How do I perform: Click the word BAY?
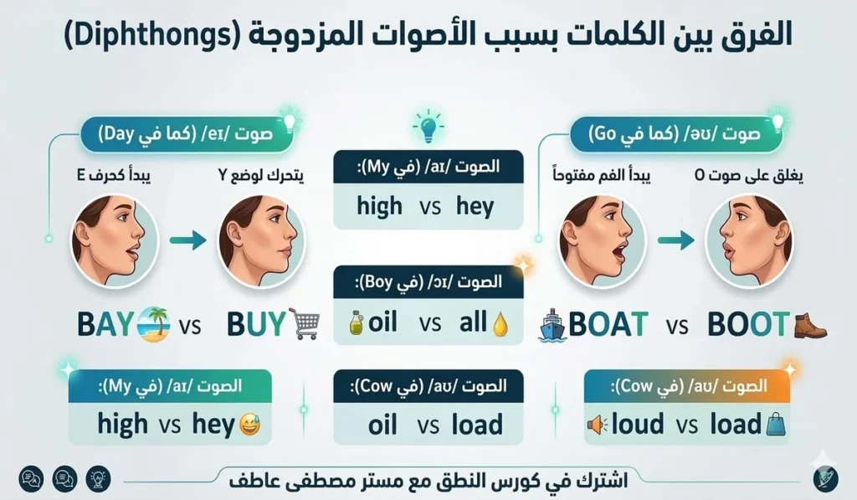(105, 324)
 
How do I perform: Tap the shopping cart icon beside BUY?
(303, 323)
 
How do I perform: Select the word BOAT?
(609, 324)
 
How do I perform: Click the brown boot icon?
(809, 324)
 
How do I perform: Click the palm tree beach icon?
(153, 322)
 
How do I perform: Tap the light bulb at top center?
(428, 128)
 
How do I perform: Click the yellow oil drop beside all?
(500, 323)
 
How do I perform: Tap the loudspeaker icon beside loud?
(598, 425)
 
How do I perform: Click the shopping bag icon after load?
(775, 425)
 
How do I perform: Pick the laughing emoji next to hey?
(249, 425)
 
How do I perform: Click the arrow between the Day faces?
(187, 240)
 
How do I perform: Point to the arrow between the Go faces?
(675, 240)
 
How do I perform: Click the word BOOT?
(747, 324)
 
